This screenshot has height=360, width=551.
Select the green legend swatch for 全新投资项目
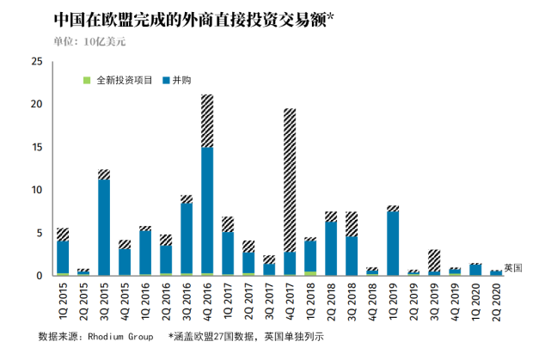point(86,80)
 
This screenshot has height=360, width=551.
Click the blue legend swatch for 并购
point(166,80)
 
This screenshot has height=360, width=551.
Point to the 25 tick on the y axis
point(36,62)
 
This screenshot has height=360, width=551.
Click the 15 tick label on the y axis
point(36,147)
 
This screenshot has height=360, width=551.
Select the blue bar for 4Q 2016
point(207,211)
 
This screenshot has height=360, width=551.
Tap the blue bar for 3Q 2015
point(104,227)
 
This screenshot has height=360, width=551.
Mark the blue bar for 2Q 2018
point(331,248)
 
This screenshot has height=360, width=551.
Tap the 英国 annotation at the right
point(513,268)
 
